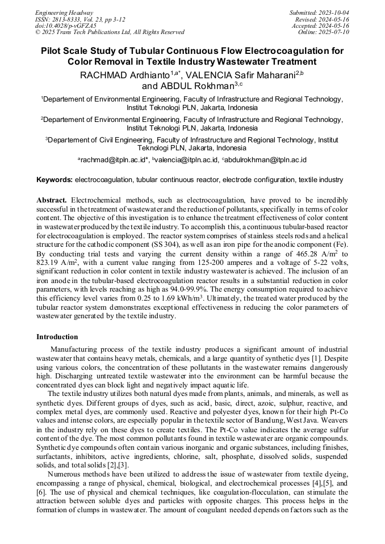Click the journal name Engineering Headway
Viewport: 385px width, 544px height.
click(x=56, y=12)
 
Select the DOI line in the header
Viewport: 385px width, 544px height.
click(x=65, y=26)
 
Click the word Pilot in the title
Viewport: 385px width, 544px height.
click(x=53, y=51)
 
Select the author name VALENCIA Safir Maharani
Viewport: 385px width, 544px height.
click(x=242, y=75)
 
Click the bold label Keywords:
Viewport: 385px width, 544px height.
click(x=55, y=180)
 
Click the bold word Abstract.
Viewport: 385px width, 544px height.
click(x=52, y=200)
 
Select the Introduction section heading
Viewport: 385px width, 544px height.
click(x=57, y=337)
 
